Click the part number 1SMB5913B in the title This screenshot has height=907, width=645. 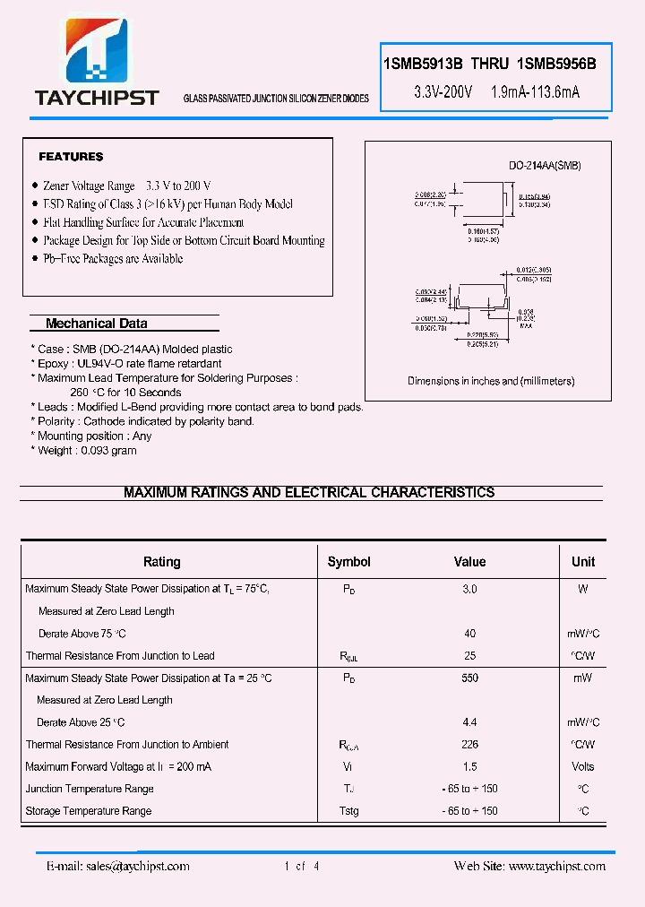tap(424, 64)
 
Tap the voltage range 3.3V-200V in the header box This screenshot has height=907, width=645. tap(443, 92)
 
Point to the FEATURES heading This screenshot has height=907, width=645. tap(71, 157)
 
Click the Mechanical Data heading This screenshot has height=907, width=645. tap(96, 324)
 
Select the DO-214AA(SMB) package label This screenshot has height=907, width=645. tap(545, 166)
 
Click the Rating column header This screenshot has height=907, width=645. tap(162, 562)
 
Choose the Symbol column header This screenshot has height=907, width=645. tap(348, 562)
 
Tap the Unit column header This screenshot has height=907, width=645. tap(583, 562)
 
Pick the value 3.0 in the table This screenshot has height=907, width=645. tap(469, 590)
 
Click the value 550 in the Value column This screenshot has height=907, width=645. tap(469, 678)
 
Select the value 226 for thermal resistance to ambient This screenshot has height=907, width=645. tap(469, 745)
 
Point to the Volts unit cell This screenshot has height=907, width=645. tap(583, 767)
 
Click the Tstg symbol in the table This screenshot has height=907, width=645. tap(348, 811)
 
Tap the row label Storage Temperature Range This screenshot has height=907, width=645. tap(89, 811)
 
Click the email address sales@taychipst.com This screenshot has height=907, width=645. tap(136, 866)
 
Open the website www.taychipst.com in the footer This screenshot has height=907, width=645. tap(556, 866)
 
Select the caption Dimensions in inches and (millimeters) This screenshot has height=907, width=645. tap(491, 381)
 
